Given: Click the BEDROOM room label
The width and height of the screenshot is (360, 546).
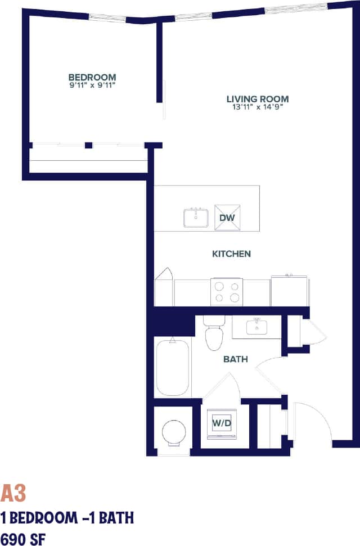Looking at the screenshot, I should pyautogui.click(x=92, y=77).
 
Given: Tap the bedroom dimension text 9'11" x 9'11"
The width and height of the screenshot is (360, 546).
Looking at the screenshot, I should pyautogui.click(x=92, y=85).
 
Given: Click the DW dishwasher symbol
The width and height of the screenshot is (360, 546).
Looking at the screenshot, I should pyautogui.click(x=227, y=218).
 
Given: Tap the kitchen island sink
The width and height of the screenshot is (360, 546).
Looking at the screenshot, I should pyautogui.click(x=196, y=218).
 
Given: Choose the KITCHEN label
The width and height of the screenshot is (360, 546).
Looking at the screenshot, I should pyautogui.click(x=231, y=254).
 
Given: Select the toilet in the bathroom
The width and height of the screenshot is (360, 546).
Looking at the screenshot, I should pyautogui.click(x=214, y=335).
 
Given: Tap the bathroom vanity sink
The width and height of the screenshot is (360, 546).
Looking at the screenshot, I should pyautogui.click(x=256, y=326).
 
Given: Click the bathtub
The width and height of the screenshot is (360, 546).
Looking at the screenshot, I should pyautogui.click(x=172, y=367).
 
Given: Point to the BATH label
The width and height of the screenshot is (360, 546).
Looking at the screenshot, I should pyautogui.click(x=235, y=359).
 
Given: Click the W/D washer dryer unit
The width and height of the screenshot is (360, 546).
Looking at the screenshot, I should pyautogui.click(x=222, y=423).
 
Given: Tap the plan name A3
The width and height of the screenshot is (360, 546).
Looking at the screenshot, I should pyautogui.click(x=13, y=493).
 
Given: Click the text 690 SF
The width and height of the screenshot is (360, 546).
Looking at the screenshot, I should pyautogui.click(x=23, y=536).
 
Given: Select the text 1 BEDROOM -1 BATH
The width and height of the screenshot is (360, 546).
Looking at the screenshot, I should pyautogui.click(x=67, y=517).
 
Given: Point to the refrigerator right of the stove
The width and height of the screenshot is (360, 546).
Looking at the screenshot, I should pyautogui.click(x=289, y=291).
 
